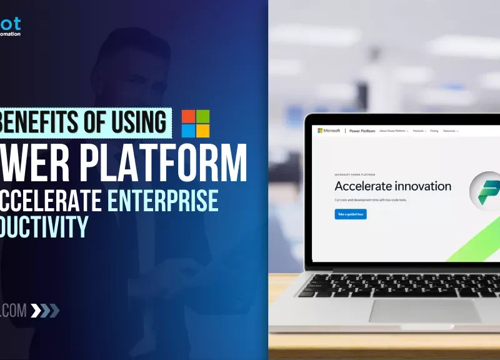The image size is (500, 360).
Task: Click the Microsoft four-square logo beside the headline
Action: pos(196,123)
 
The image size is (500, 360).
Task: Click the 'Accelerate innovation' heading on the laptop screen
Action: pos(392,186)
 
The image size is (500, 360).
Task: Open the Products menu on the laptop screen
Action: pos(418,131)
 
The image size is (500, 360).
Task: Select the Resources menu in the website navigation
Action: pos(450,131)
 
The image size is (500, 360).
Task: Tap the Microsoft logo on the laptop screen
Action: pos(328,131)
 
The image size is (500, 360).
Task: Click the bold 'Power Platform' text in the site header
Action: pos(362,131)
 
